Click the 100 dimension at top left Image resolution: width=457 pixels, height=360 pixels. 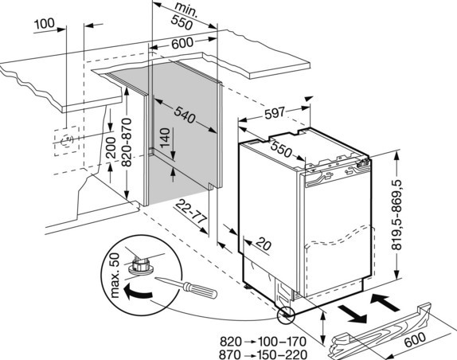[x=45, y=24]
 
